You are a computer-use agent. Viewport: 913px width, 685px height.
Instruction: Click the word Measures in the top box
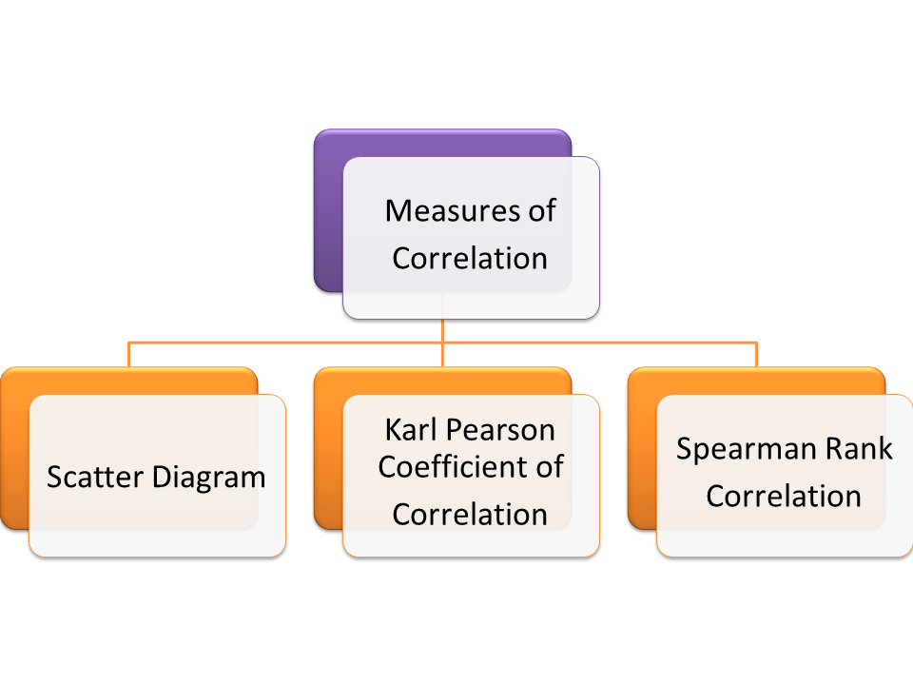(443, 210)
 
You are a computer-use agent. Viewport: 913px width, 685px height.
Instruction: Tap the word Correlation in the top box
(470, 258)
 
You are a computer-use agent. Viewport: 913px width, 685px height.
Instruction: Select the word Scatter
(93, 476)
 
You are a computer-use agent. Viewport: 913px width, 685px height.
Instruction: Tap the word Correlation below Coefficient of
(470, 514)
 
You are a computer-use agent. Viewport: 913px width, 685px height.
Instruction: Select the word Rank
(861, 449)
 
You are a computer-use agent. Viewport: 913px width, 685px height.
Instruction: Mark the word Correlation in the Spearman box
(784, 496)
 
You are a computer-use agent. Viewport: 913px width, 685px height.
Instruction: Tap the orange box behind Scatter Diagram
(14, 447)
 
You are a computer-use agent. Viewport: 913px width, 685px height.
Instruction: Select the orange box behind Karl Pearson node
(328, 447)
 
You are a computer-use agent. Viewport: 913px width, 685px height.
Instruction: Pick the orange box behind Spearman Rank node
(642, 447)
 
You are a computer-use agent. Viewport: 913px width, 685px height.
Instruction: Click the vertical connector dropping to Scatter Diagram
(129, 355)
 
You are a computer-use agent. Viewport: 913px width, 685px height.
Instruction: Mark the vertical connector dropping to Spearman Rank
(757, 355)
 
